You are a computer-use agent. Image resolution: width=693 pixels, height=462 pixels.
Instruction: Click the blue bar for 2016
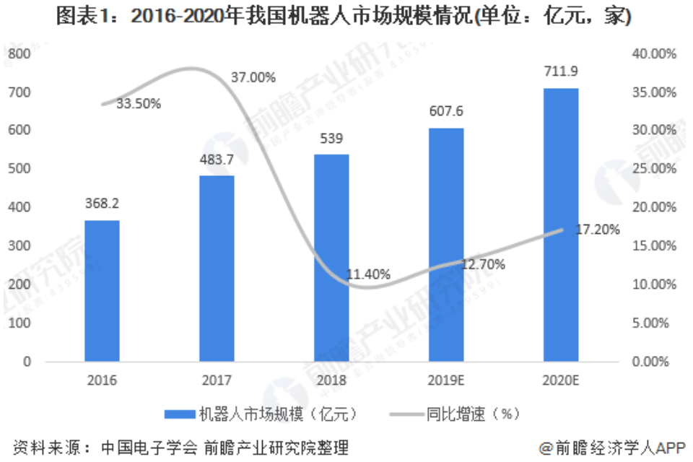[102, 290]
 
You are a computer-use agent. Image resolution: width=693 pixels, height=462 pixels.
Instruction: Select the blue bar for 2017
[217, 268]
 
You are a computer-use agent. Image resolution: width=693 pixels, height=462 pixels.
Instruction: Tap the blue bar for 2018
[331, 258]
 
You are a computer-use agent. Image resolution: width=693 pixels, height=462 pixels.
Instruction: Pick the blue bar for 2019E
[446, 245]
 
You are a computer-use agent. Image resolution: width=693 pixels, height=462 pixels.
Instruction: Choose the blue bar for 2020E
[561, 225]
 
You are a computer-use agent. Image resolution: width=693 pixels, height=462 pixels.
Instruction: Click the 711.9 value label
[561, 71]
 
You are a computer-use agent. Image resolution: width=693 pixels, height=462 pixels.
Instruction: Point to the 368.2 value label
[102, 204]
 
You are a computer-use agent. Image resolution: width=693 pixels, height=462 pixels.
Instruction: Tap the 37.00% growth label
[253, 78]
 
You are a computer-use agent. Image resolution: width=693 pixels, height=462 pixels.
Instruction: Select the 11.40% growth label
[368, 274]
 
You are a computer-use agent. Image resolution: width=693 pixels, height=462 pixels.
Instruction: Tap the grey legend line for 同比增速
[406, 414]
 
